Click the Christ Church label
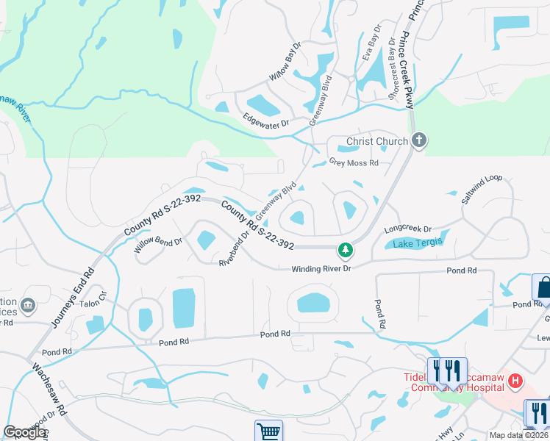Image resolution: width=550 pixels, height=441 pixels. click(376, 141)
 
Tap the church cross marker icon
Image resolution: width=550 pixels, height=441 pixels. click(419, 140)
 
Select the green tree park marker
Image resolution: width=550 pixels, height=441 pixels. click(345, 250)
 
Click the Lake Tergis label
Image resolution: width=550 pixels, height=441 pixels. click(418, 243)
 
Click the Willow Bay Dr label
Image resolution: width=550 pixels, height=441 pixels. click(285, 61)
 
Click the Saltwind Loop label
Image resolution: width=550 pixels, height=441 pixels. click(482, 189)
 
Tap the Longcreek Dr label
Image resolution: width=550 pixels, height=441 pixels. click(408, 229)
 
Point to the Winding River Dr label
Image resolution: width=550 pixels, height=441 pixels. click(323, 268)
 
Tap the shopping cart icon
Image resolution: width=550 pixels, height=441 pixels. click(268, 431)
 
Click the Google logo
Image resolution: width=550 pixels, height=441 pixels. click(24, 432)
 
